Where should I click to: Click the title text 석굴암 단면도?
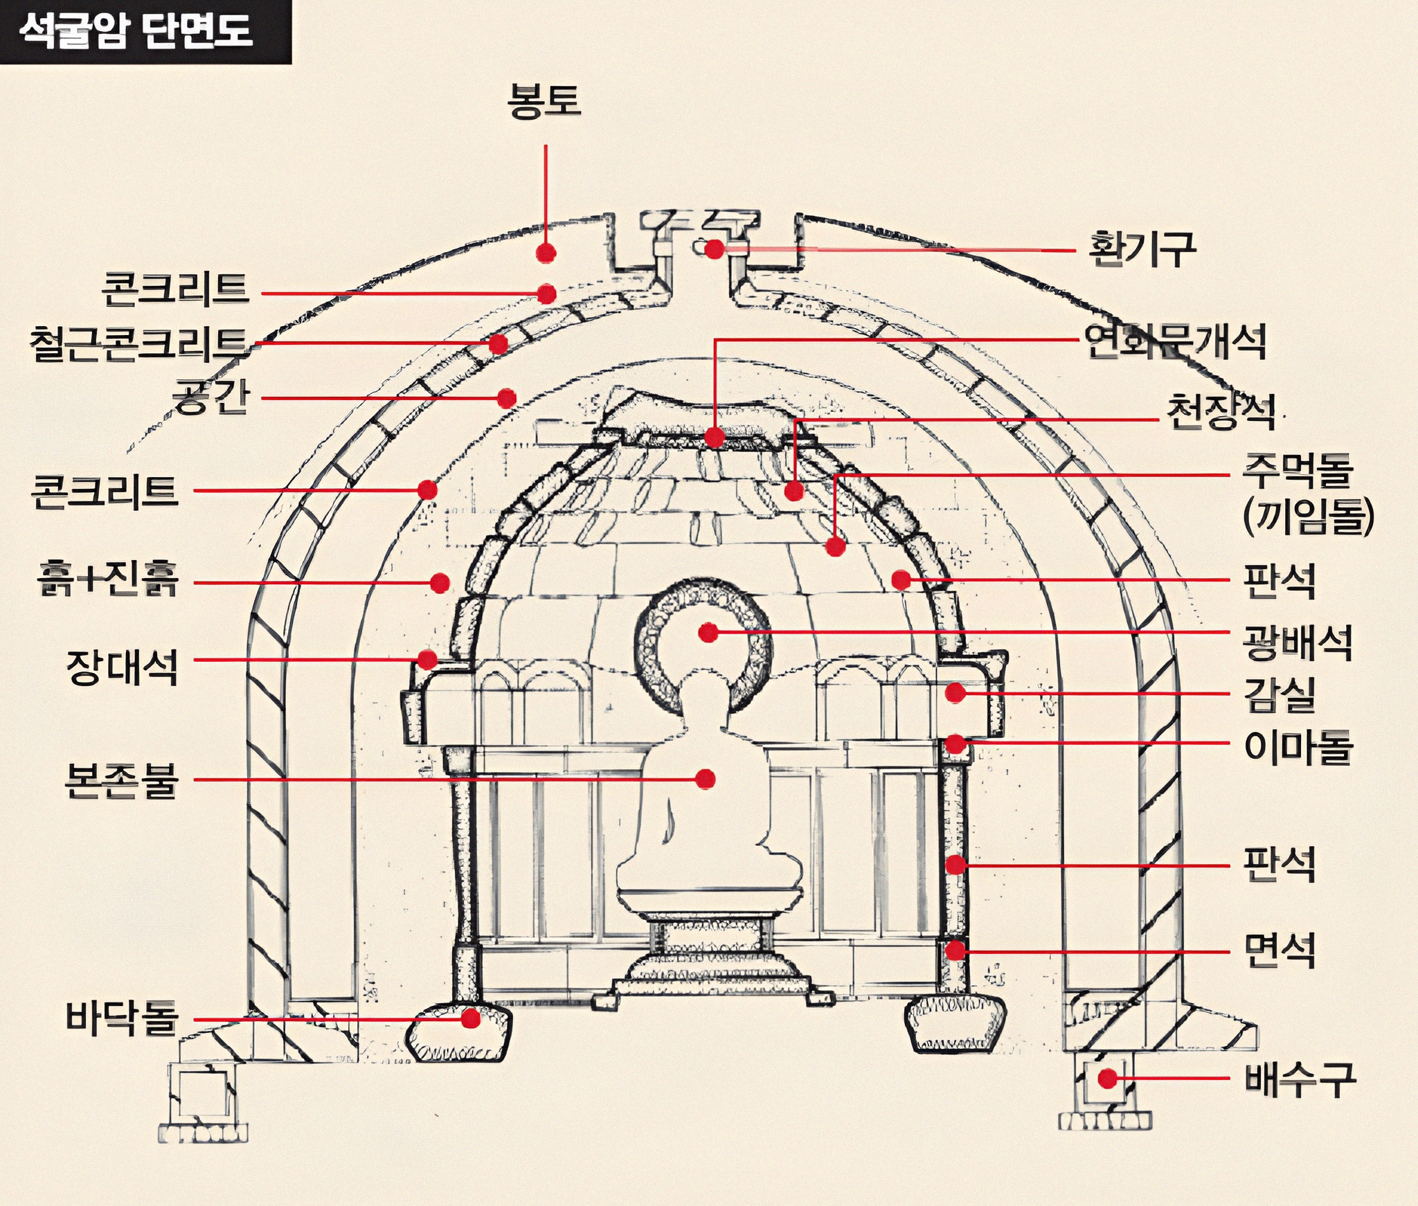136,30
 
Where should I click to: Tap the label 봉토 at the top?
544,101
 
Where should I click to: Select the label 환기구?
1142,249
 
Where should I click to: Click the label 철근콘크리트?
138,344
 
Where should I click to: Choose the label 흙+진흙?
109,579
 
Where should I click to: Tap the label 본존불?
121,780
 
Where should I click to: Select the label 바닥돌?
123,1018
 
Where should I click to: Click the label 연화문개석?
1175,341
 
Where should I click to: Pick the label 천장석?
1221,412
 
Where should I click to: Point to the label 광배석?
1298,642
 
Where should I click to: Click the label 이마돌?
1298,747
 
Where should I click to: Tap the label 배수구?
1300,1079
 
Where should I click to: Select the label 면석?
1280,951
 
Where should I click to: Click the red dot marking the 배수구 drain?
1108,1078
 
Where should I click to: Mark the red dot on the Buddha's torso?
706,779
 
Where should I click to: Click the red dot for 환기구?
715,249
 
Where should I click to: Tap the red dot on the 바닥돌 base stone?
471,1018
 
